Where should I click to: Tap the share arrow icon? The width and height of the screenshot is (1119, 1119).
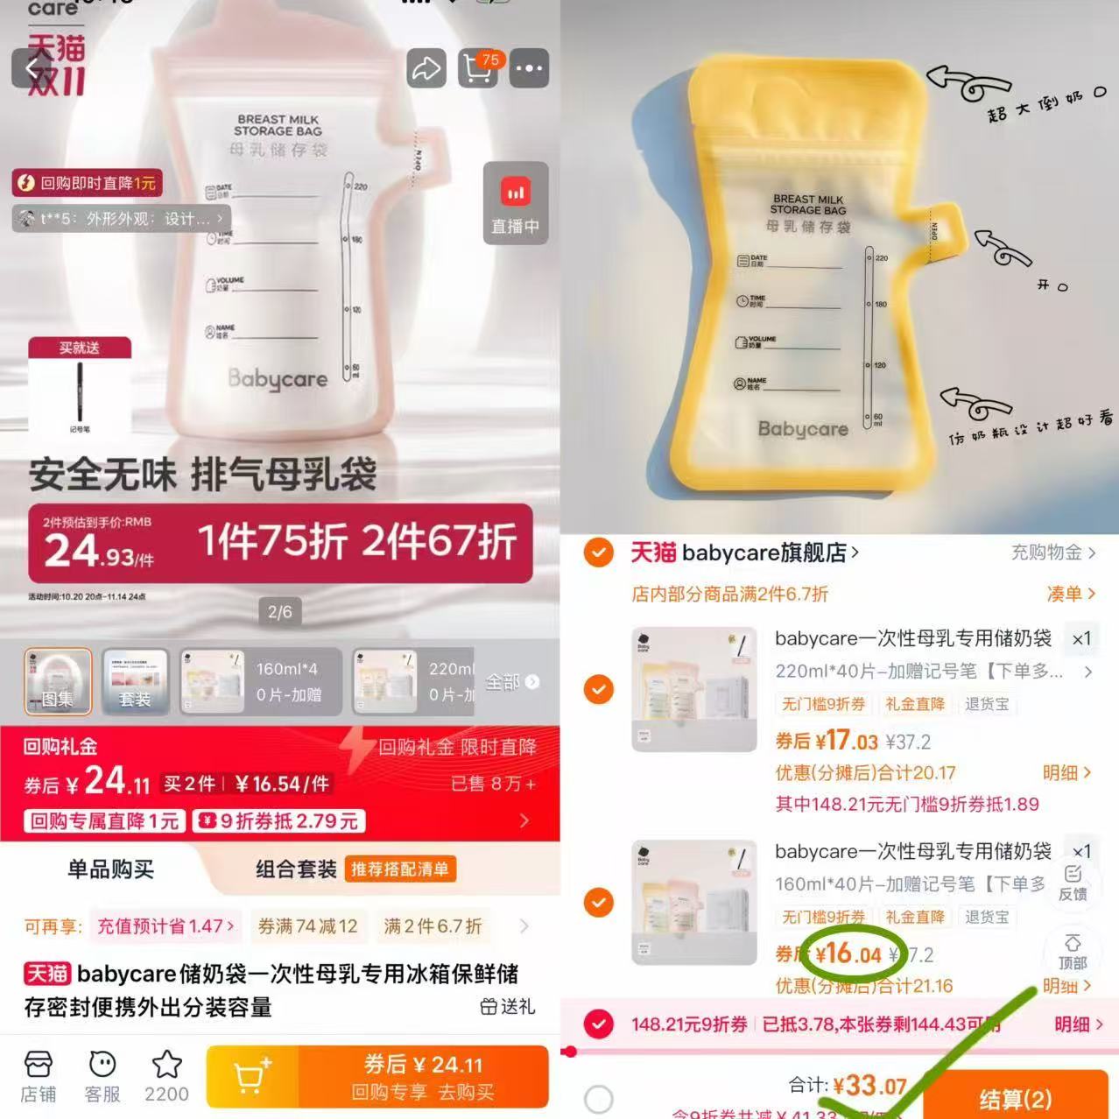pyautogui.click(x=426, y=68)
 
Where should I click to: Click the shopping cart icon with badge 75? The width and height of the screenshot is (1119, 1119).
pyautogui.click(x=478, y=68)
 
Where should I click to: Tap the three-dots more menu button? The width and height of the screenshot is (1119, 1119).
pyautogui.click(x=530, y=68)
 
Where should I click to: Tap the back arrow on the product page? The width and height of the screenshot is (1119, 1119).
pyautogui.click(x=33, y=68)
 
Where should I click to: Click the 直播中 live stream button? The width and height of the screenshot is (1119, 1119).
pyautogui.click(x=515, y=203)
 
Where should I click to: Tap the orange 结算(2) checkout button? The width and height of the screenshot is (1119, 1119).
pyautogui.click(x=1015, y=1098)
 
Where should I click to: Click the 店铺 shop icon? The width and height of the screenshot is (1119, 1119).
pyautogui.click(x=38, y=1076)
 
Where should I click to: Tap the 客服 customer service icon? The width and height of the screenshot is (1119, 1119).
pyautogui.click(x=102, y=1076)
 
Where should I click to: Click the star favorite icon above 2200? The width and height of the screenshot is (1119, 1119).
pyautogui.click(x=166, y=1066)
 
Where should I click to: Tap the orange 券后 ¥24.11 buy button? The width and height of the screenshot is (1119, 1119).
pyautogui.click(x=424, y=1076)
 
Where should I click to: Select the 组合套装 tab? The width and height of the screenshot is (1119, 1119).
pyautogui.click(x=296, y=869)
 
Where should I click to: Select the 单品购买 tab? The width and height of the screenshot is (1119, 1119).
pyautogui.click(x=110, y=869)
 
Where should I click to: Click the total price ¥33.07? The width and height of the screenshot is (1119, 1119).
pyautogui.click(x=869, y=1087)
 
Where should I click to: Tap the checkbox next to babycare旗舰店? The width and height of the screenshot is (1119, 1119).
pyautogui.click(x=599, y=552)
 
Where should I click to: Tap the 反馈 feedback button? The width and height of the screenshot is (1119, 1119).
pyautogui.click(x=1073, y=883)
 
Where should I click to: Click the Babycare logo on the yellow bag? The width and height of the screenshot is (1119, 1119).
pyautogui.click(x=803, y=429)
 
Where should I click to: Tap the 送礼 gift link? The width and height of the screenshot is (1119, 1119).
pyautogui.click(x=508, y=1007)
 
